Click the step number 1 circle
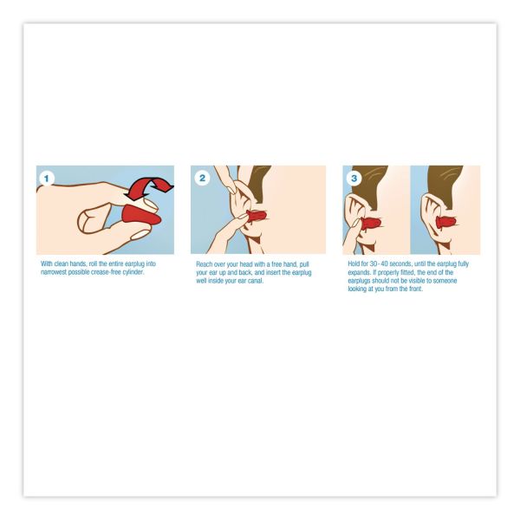point(47,178)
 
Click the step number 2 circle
point(202,178)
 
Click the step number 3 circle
point(353,178)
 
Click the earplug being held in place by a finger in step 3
point(370,223)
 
